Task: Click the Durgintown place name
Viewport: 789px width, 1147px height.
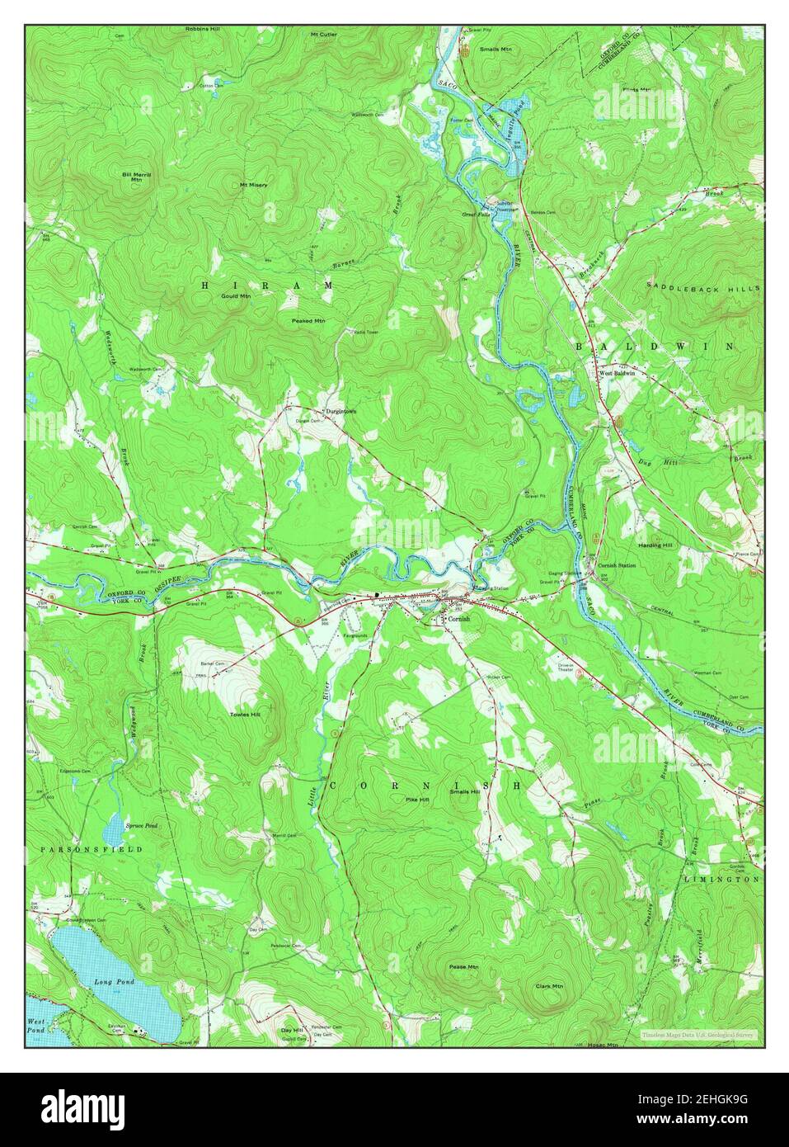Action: tap(340, 410)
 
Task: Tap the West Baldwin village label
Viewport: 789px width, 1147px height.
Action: tap(617, 373)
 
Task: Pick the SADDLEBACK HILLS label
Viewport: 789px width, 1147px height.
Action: tap(702, 287)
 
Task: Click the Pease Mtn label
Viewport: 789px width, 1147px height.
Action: tap(463, 966)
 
